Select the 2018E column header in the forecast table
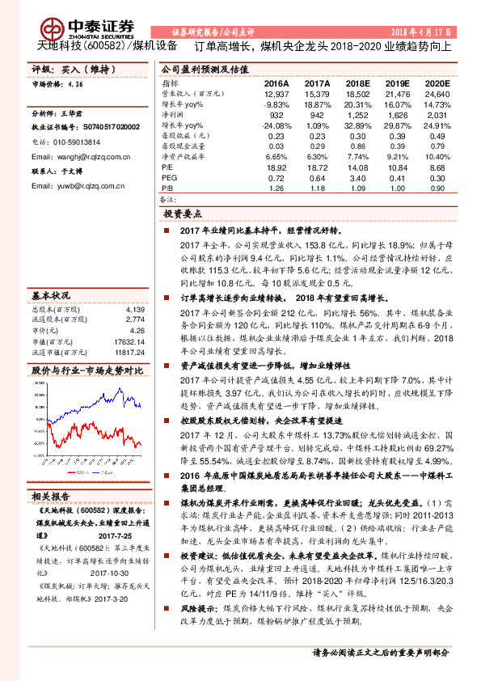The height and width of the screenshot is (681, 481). coord(357,83)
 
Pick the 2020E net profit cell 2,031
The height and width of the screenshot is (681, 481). coord(435,116)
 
